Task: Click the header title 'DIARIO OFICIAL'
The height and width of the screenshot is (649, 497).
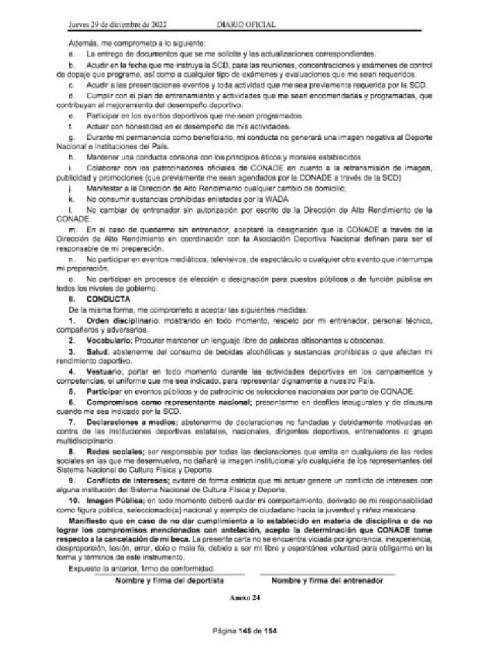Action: tap(247, 25)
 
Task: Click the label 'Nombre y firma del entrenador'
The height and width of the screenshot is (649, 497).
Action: tap(327, 581)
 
